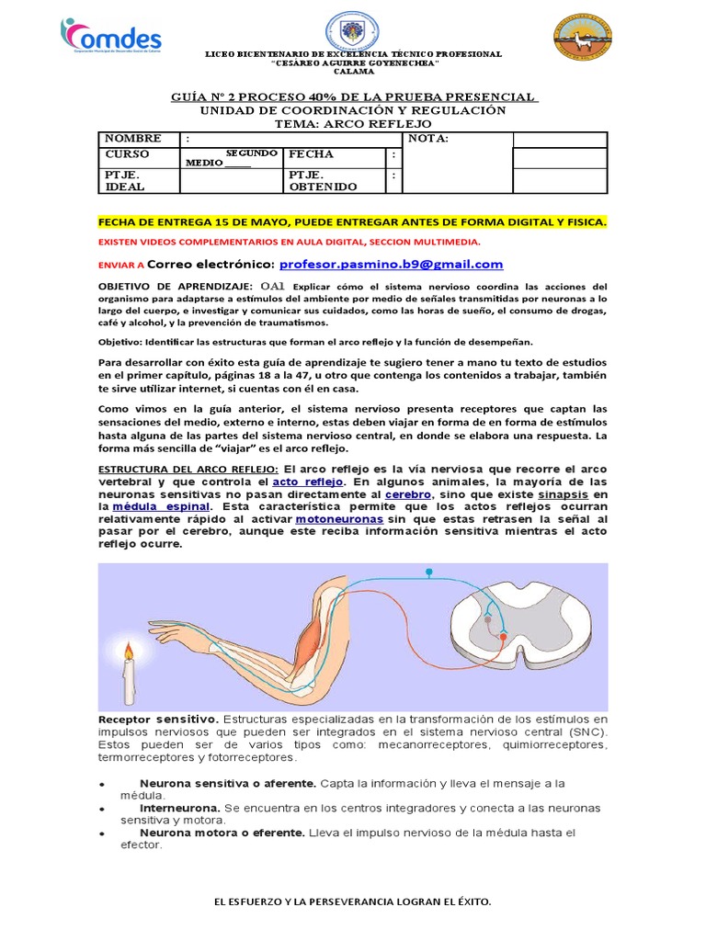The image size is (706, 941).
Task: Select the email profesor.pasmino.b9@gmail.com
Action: [x=391, y=265]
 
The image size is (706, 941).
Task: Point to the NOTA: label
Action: [x=427, y=139]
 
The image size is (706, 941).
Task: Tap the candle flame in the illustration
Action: [x=130, y=654]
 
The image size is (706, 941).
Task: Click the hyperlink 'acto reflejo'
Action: [x=310, y=481]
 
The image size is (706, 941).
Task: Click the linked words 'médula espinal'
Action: [x=161, y=506]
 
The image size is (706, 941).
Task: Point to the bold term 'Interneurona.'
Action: [x=180, y=808]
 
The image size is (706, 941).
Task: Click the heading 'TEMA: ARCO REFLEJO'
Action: [x=353, y=124]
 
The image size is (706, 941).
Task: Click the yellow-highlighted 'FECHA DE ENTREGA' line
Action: [x=353, y=222]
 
